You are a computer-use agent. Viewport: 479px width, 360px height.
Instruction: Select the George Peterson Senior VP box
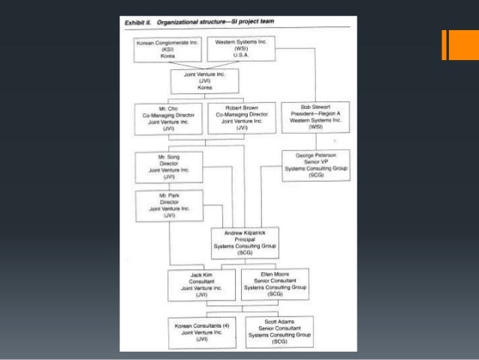point(315,163)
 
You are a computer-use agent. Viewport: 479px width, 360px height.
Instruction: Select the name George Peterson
point(315,153)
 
